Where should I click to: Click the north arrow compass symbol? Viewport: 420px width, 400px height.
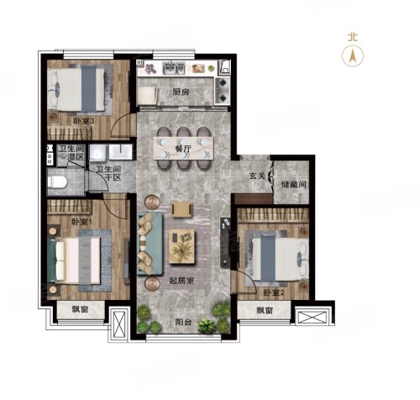353,55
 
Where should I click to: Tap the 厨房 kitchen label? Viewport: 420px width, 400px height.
181,92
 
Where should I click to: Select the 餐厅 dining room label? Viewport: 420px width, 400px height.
183,149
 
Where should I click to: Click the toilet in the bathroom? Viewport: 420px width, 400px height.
57,182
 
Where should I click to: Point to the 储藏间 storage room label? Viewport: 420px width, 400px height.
293,185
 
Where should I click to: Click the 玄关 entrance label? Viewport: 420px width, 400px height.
257,176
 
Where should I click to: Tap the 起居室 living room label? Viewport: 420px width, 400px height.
181,281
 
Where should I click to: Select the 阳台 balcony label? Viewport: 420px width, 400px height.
183,322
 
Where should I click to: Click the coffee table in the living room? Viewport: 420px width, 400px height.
181,246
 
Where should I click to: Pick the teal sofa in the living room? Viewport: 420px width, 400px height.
150,243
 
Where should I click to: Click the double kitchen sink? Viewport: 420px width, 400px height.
174,68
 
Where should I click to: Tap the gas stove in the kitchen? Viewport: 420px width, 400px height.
223,90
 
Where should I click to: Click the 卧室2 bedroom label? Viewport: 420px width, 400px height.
274,293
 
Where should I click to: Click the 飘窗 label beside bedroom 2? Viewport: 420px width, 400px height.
265,310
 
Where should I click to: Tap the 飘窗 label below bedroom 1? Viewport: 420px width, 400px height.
81,309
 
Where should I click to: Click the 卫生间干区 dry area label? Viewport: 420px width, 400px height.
108,173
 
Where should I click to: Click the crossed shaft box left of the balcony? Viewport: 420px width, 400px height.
120,324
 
